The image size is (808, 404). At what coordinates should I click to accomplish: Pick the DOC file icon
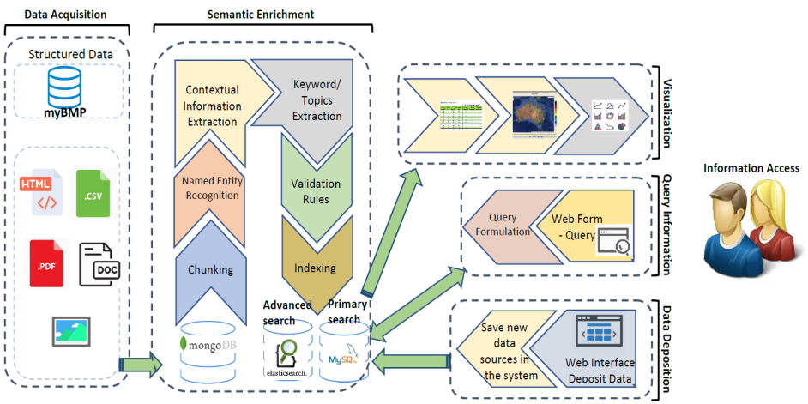[x=100, y=263]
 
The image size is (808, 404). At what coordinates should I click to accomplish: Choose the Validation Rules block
[x=316, y=191]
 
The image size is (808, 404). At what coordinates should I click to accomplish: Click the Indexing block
[x=316, y=268]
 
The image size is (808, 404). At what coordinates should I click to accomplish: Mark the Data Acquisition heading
[x=67, y=15]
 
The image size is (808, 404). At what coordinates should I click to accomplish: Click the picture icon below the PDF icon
[x=71, y=329]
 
